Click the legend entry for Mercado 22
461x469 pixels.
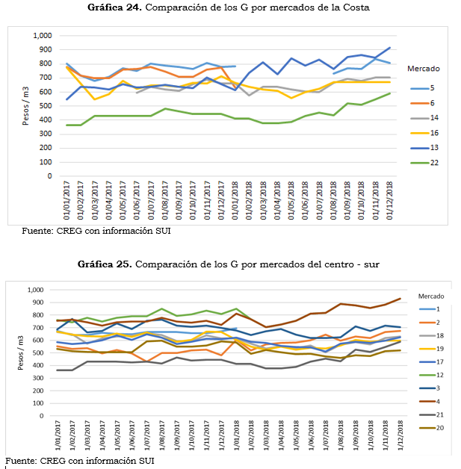(424, 163)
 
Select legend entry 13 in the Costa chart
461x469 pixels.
(424, 148)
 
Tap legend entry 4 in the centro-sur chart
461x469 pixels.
(430, 401)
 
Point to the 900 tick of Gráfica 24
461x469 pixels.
(46, 49)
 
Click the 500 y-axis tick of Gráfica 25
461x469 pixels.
(38, 353)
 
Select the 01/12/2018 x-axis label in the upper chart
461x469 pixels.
(389, 200)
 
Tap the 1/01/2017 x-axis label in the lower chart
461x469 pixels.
(58, 435)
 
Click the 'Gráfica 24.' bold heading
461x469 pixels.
(114, 7)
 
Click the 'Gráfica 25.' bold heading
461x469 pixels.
(105, 264)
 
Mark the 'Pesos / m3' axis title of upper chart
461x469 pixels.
(25, 105)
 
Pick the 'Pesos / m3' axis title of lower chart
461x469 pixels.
(21, 352)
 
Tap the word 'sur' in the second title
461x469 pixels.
(372, 264)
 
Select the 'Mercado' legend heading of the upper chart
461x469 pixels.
(424, 69)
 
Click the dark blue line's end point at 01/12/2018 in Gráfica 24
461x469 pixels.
(389, 48)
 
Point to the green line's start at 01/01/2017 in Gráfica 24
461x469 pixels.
(66, 125)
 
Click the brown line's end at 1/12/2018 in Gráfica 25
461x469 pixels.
(400, 299)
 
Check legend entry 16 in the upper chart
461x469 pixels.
(424, 133)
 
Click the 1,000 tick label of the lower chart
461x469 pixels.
(36, 290)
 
